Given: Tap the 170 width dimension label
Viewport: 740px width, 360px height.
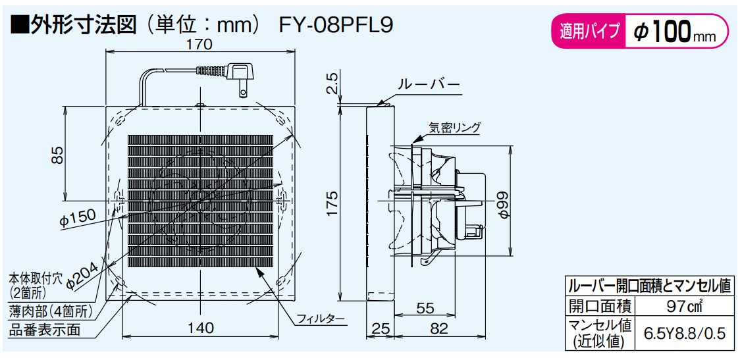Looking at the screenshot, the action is [x=201, y=44].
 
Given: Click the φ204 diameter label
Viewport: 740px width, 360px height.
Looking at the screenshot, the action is [x=83, y=276].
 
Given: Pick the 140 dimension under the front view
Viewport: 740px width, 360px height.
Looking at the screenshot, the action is [x=201, y=328].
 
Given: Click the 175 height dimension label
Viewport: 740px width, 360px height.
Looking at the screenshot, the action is [x=333, y=204].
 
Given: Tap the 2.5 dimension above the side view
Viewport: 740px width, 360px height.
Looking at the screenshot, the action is [x=332, y=83].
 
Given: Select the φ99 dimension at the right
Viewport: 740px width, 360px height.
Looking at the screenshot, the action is [x=503, y=204].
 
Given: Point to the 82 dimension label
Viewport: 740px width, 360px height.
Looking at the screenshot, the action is [x=439, y=329].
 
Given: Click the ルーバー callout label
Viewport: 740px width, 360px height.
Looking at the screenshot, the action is [x=429, y=86].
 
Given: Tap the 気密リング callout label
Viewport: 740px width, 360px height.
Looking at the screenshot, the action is [x=455, y=127].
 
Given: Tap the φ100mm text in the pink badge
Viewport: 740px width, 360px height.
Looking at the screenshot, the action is [x=674, y=32].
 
